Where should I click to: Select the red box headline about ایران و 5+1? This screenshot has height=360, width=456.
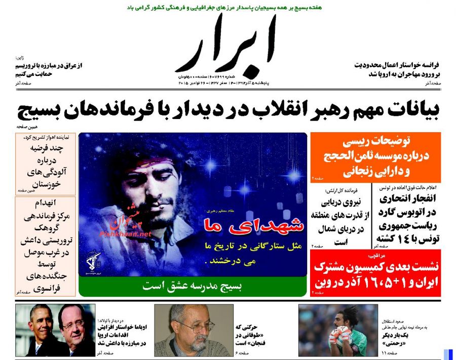coord(376,273)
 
